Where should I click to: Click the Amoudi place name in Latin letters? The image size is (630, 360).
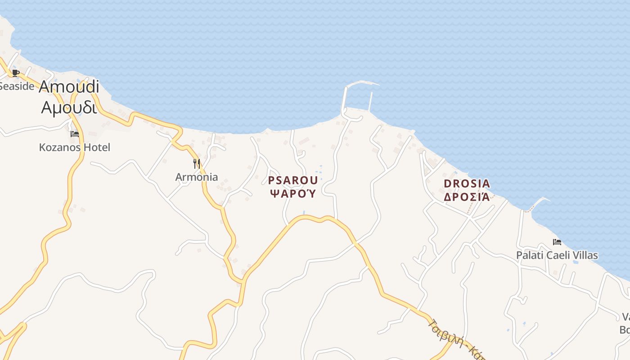(x=69, y=86)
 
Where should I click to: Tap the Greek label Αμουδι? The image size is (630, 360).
(x=69, y=107)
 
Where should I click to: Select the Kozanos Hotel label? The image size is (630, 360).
(x=75, y=147)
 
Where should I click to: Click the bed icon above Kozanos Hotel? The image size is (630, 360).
(x=75, y=134)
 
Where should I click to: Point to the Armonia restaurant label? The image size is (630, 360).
(x=197, y=177)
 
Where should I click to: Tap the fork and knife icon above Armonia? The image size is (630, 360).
(x=197, y=163)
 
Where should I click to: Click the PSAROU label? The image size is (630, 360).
(x=293, y=180)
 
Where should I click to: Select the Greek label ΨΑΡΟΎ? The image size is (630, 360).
(x=293, y=193)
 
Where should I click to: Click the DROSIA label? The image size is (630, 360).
(x=467, y=184)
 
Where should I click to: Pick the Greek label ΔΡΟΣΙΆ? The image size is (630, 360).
(x=467, y=197)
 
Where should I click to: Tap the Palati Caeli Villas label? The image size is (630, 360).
(x=557, y=255)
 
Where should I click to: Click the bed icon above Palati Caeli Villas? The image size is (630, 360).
(x=557, y=242)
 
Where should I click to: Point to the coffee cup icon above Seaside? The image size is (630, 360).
(x=16, y=73)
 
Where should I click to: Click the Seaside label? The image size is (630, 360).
(x=17, y=86)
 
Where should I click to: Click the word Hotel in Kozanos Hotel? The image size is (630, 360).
(x=96, y=147)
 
